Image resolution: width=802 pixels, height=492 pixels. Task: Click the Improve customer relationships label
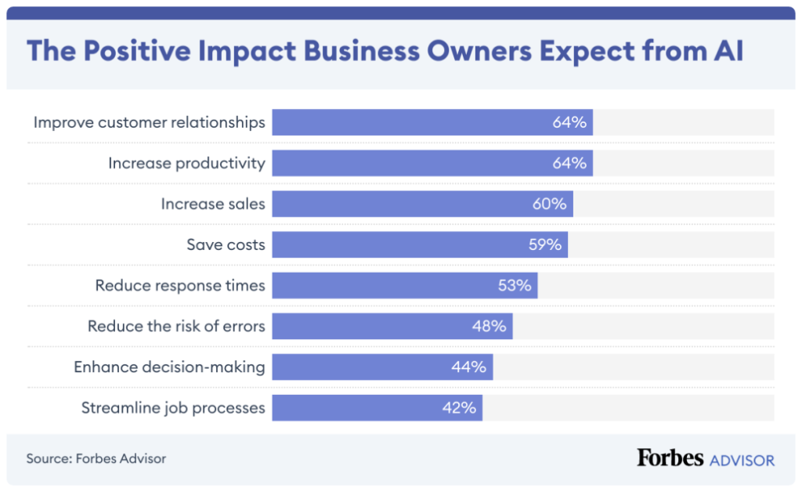149,122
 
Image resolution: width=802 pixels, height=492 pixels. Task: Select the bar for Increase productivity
432,163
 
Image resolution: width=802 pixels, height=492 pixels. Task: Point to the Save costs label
226,244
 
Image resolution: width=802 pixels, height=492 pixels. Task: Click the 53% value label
515,285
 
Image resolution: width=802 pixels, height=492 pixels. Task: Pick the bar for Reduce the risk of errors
392,326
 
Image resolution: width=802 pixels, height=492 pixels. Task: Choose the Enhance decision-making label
169,367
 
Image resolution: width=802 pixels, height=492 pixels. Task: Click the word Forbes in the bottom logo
670,458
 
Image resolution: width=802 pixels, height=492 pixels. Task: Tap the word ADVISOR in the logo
742,459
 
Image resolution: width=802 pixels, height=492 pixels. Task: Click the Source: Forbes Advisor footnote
96,458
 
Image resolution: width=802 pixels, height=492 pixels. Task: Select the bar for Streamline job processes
378,407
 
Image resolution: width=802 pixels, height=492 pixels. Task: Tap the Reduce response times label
180,285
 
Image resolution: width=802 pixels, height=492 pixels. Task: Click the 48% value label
489,326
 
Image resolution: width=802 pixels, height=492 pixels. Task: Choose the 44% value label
468,367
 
